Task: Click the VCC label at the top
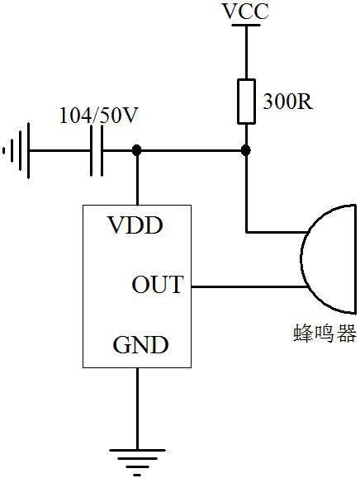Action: (x=246, y=11)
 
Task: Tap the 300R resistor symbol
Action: (x=246, y=102)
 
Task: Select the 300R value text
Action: (x=288, y=102)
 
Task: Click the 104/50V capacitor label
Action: (x=99, y=116)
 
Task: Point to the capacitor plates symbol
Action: (x=97, y=150)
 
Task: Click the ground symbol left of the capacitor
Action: (x=17, y=150)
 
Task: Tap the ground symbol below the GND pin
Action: (x=137, y=462)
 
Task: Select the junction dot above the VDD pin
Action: (x=137, y=150)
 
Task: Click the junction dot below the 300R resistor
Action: (x=246, y=150)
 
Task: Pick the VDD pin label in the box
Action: (x=135, y=225)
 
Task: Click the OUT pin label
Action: (x=158, y=285)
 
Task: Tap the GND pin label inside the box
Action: (x=140, y=345)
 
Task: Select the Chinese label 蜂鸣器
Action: (x=325, y=334)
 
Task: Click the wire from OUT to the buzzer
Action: (x=249, y=286)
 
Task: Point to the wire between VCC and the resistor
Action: (x=246, y=53)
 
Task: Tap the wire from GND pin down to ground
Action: (x=137, y=409)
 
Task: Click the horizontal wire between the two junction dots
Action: (x=192, y=150)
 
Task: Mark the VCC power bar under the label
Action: (x=246, y=25)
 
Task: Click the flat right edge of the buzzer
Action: (x=355, y=259)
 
